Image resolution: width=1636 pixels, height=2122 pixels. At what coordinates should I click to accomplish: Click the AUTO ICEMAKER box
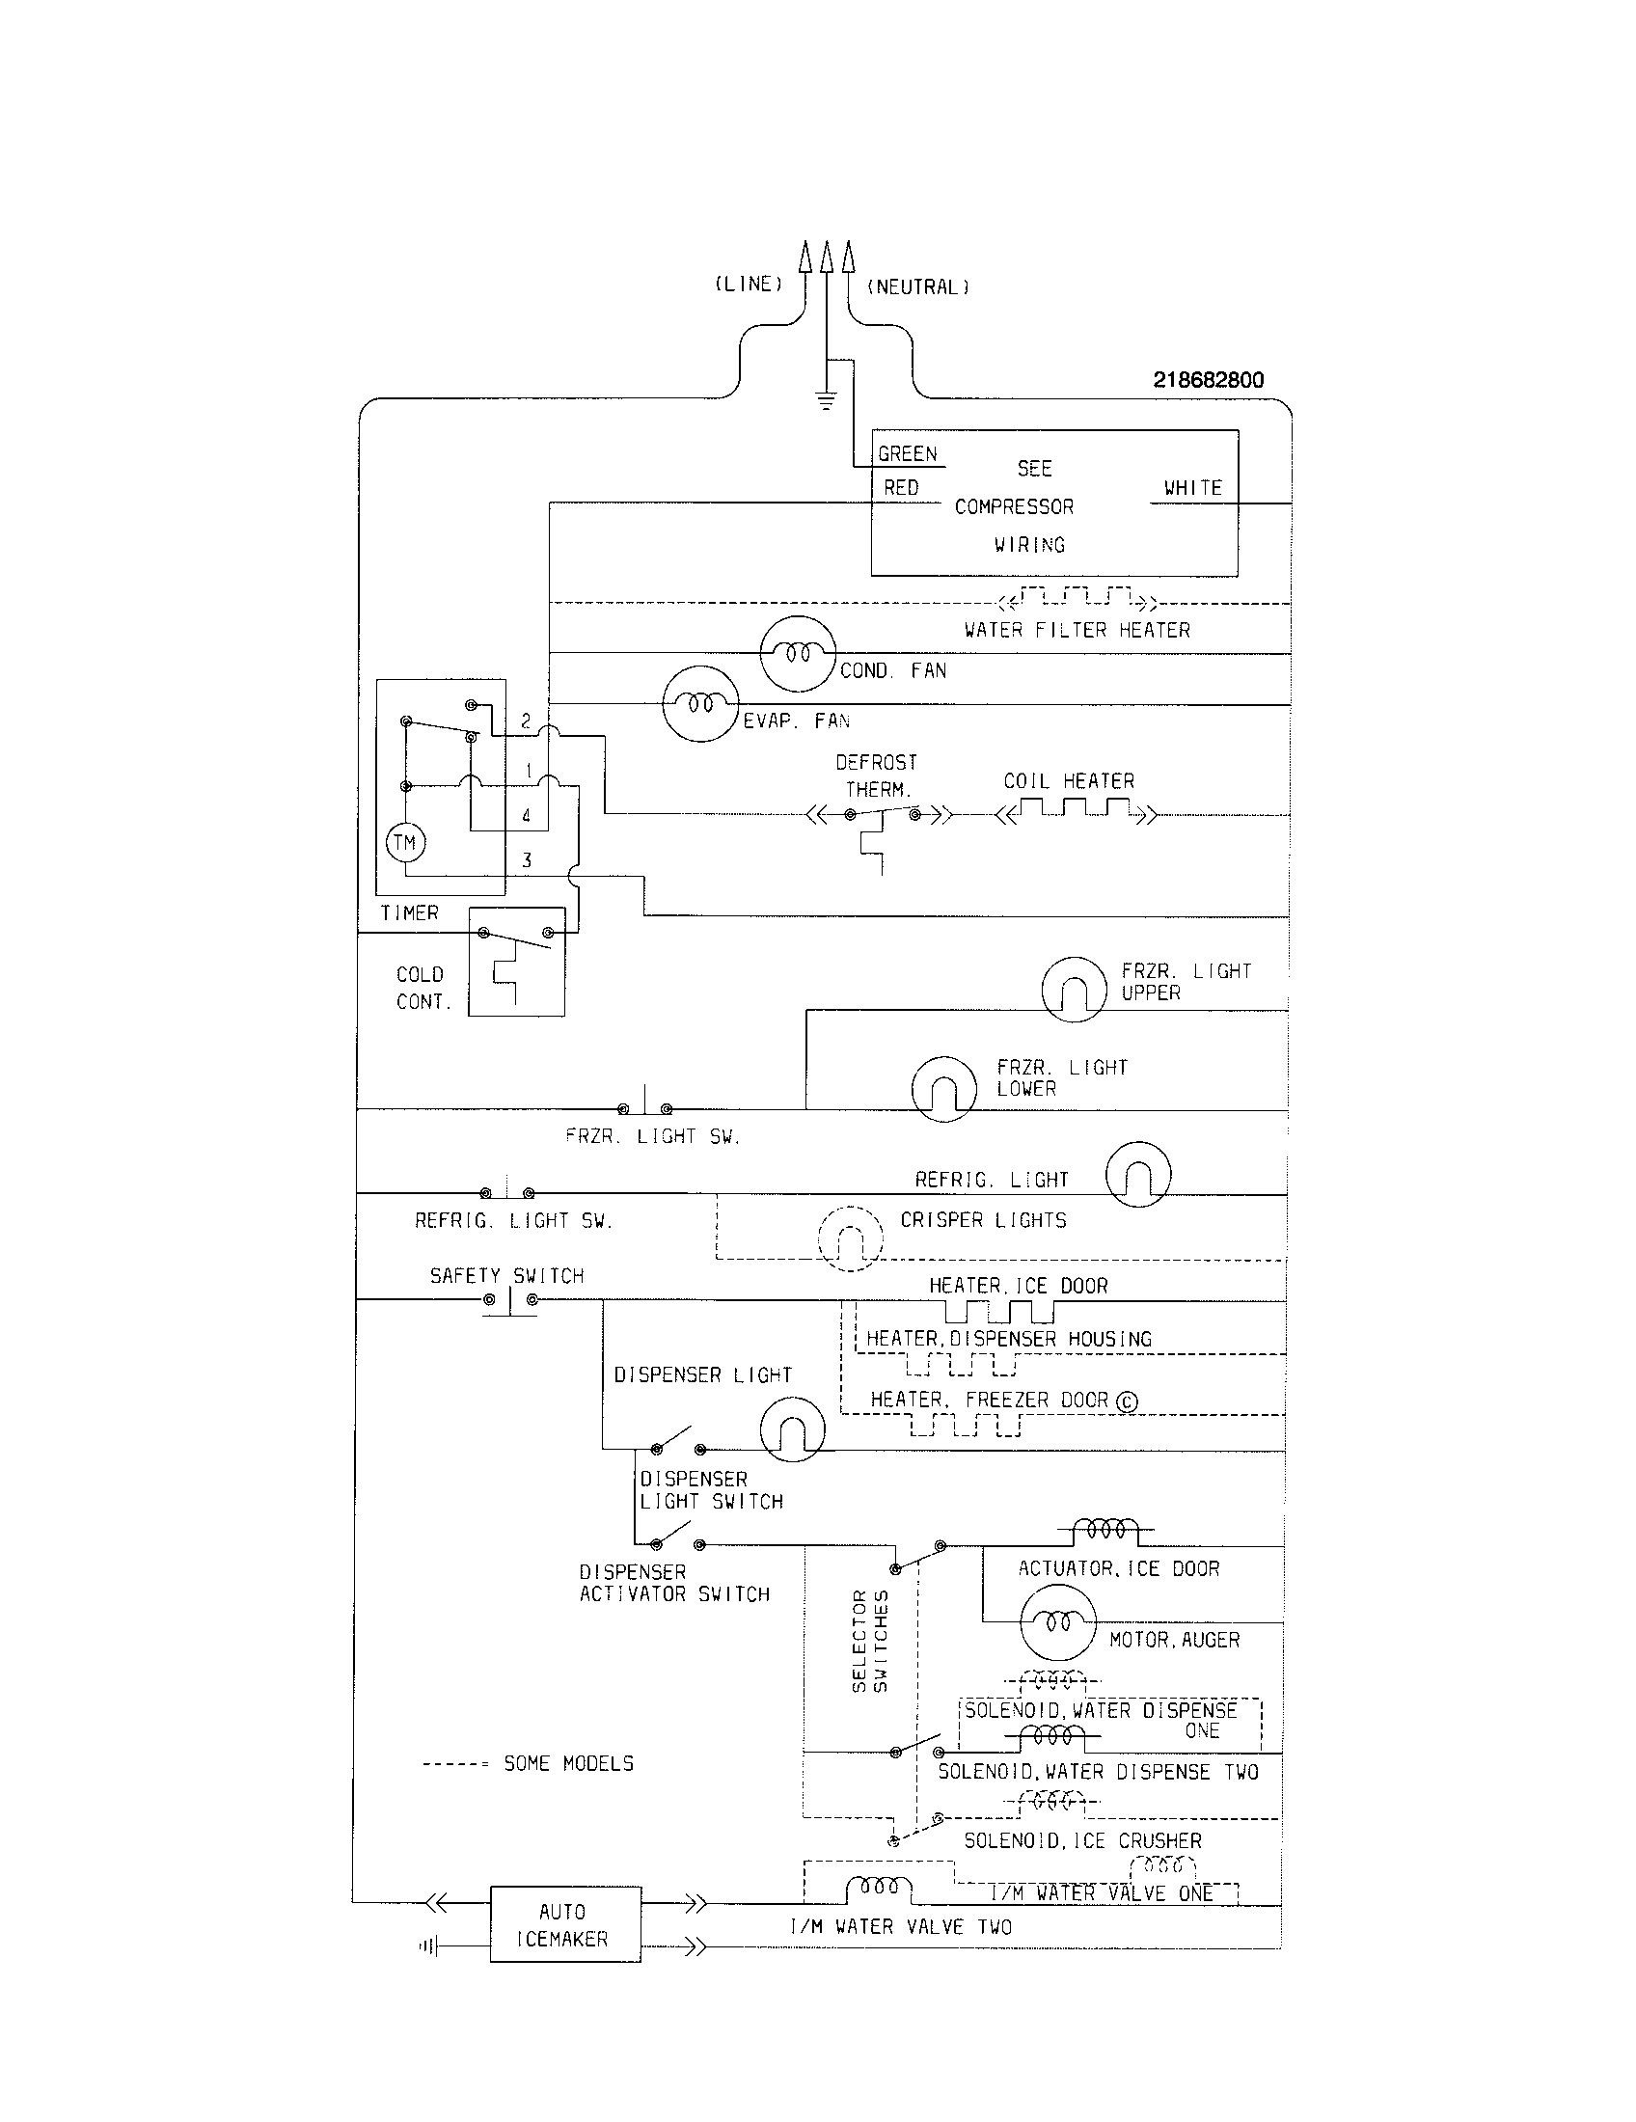(564, 1924)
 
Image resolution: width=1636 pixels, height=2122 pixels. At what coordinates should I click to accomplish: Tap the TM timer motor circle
(405, 842)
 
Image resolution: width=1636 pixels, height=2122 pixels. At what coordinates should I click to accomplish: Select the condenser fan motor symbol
(798, 654)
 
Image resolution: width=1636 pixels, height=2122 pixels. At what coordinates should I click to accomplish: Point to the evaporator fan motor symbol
(700, 704)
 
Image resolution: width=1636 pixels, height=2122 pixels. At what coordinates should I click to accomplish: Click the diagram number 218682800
(1208, 380)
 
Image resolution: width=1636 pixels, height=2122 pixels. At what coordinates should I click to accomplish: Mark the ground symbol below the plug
(826, 399)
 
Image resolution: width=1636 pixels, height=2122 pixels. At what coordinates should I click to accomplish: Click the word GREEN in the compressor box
(908, 453)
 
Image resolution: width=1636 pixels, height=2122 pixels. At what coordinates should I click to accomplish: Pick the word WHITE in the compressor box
(1192, 488)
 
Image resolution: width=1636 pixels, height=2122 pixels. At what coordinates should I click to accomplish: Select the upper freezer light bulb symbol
(1074, 989)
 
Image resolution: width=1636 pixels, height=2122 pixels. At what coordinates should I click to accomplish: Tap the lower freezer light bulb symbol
(943, 1088)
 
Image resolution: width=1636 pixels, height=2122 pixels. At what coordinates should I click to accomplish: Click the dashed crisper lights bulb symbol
(850, 1238)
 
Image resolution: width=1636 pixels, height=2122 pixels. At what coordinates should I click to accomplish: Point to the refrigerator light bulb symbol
(1138, 1174)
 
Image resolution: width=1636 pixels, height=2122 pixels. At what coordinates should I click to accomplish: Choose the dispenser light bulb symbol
(792, 1430)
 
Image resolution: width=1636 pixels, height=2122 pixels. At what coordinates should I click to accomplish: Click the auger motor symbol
(1057, 1621)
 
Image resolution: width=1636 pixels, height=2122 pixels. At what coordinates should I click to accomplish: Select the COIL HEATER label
(1069, 781)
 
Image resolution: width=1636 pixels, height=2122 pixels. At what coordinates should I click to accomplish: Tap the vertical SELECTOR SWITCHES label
(869, 1641)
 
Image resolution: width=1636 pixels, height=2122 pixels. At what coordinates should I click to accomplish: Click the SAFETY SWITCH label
(507, 1276)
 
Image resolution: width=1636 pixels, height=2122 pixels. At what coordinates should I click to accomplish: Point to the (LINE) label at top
(748, 284)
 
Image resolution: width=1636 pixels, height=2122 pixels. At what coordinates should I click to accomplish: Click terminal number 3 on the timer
(527, 859)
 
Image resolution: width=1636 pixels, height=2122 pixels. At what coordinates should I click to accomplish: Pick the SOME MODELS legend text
(568, 1763)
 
